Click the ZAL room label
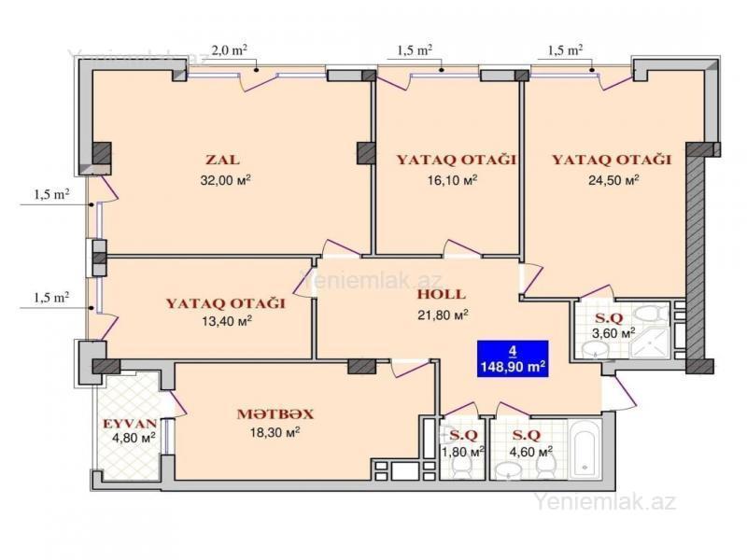(x=223, y=160)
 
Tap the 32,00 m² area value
(x=226, y=180)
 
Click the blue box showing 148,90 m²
(x=513, y=358)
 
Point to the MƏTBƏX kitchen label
(x=275, y=414)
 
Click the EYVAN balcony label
(x=130, y=424)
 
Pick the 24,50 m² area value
(x=613, y=180)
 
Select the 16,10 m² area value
(x=452, y=180)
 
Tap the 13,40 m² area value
(x=227, y=321)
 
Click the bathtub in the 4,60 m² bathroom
(x=585, y=449)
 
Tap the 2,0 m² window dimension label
(x=229, y=50)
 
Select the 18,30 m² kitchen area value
(x=275, y=432)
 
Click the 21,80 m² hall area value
(x=443, y=315)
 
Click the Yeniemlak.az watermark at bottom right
(x=604, y=502)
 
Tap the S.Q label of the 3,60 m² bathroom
(x=609, y=318)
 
